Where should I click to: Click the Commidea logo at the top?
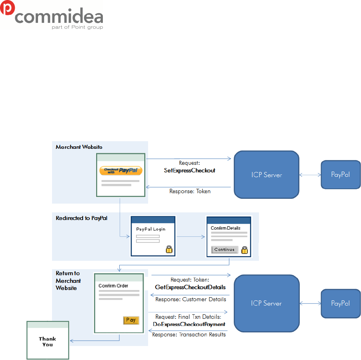click(x=52, y=15)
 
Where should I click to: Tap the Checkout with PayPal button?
click(x=120, y=171)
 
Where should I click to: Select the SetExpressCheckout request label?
click(x=190, y=170)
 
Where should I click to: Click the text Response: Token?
click(x=190, y=191)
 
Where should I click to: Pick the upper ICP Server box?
click(x=267, y=175)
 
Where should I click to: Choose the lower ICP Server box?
click(x=267, y=303)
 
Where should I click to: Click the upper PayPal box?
click(x=341, y=174)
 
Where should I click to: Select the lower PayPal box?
click(x=341, y=303)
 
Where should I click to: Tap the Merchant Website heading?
click(x=79, y=147)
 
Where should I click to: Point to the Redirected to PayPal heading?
click(x=82, y=218)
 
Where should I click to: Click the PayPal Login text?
click(x=150, y=229)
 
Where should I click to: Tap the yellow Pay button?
click(x=131, y=320)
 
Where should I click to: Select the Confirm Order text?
click(x=113, y=286)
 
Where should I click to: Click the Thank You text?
click(x=47, y=342)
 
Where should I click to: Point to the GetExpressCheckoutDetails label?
click(x=190, y=287)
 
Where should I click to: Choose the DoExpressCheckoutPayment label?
click(x=189, y=324)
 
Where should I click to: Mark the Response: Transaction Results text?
click(x=189, y=334)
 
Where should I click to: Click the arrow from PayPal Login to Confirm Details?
click(x=191, y=236)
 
